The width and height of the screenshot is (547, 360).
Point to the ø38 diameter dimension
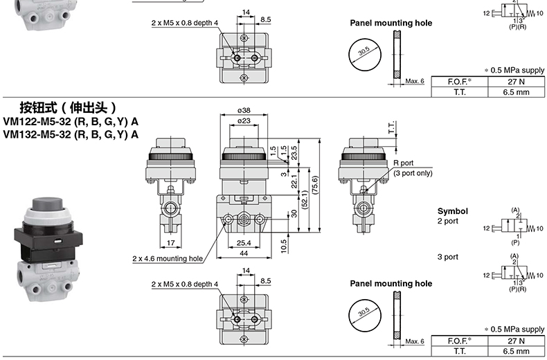(243, 110)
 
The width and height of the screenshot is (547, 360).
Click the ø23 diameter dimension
(243, 121)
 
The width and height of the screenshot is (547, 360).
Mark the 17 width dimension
(170, 243)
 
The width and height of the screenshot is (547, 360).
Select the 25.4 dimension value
(244, 243)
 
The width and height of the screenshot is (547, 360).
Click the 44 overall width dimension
(244, 254)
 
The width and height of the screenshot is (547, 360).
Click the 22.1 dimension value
(294, 182)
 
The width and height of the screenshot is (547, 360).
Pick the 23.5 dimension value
(294, 151)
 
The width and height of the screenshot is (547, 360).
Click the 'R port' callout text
(403, 163)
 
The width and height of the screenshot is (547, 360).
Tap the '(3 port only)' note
(413, 173)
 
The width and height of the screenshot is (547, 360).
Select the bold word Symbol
(453, 211)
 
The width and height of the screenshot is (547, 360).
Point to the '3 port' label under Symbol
(447, 257)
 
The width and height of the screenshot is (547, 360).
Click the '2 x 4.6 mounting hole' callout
(168, 259)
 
